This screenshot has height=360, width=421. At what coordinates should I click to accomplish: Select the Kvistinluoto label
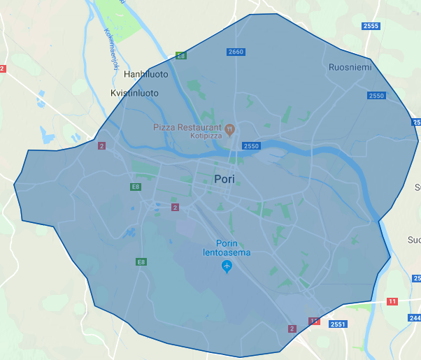tap(134, 93)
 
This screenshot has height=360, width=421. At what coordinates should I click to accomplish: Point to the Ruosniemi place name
tap(350, 67)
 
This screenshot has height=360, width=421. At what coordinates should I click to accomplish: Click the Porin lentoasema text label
tap(227, 248)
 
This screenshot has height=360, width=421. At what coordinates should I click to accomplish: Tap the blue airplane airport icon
tap(227, 266)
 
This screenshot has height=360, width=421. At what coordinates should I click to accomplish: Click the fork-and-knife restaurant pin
tap(229, 128)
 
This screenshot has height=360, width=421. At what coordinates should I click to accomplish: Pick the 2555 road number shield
tap(371, 26)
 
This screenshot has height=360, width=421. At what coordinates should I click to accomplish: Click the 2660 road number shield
tap(236, 52)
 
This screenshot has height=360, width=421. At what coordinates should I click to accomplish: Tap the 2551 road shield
tap(338, 324)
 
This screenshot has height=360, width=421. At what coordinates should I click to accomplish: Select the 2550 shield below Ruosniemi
tap(376, 95)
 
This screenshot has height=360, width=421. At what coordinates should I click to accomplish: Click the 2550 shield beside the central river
tap(251, 145)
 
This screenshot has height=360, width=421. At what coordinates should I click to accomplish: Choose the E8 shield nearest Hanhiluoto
tap(181, 55)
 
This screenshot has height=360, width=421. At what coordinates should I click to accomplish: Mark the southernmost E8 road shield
tap(141, 262)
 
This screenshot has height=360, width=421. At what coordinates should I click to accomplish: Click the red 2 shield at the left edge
tap(2, 69)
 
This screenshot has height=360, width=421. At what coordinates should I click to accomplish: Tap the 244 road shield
tap(413, 318)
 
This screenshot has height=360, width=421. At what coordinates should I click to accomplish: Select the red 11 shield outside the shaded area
tap(392, 301)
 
